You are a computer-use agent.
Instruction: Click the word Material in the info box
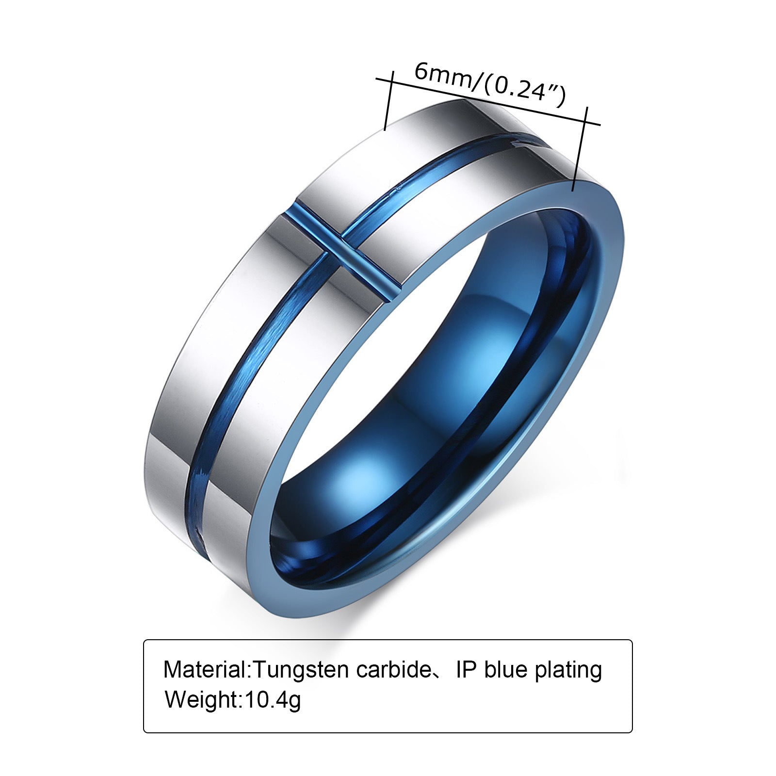[x=206, y=670]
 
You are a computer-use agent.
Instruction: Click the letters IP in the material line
[x=467, y=670]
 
